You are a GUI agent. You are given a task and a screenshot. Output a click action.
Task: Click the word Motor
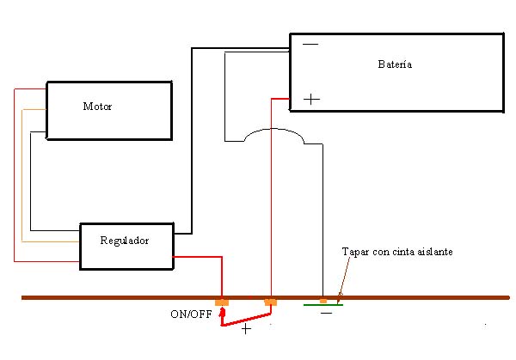pyautogui.click(x=97, y=107)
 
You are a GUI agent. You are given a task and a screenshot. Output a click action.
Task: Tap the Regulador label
pyautogui.click(x=124, y=241)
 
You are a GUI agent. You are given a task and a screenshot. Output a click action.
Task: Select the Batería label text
pyautogui.click(x=394, y=64)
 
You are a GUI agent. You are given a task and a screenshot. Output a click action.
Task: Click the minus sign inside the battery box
pyautogui.click(x=310, y=45)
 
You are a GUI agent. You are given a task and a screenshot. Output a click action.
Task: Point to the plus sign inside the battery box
pyautogui.click(x=311, y=100)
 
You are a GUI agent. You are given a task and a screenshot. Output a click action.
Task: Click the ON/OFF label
pyautogui.click(x=190, y=314)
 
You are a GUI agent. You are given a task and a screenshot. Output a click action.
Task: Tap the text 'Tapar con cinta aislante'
pyautogui.click(x=396, y=252)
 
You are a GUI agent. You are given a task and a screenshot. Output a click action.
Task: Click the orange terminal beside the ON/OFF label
pyautogui.click(x=222, y=302)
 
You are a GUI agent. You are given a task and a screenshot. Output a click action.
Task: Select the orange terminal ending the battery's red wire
pyautogui.click(x=270, y=302)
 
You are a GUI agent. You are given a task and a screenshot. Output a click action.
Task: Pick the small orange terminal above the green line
pyautogui.click(x=322, y=300)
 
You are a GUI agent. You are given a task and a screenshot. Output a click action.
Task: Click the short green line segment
pyautogui.click(x=323, y=304)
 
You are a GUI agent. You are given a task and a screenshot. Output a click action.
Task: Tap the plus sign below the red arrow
pyautogui.click(x=247, y=329)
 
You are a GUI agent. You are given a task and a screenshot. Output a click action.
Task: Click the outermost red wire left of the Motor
pyautogui.click(x=15, y=172)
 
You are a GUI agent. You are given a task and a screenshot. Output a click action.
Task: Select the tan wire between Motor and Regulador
pyautogui.click(x=22, y=172)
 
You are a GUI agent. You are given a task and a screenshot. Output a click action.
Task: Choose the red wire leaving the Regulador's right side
pyautogui.click(x=198, y=256)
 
